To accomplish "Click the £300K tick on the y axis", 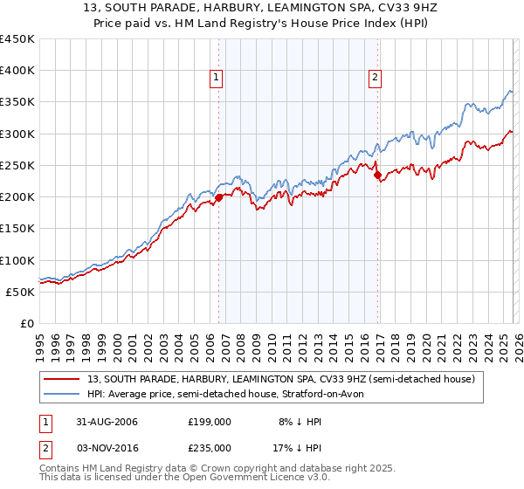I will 17,134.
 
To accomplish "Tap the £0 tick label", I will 27,323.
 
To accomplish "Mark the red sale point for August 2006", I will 219,197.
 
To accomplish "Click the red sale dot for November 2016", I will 377,175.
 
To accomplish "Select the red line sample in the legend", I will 63,379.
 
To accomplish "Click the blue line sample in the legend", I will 63,394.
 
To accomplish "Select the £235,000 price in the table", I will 209,447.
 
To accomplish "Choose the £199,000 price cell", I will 209,422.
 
